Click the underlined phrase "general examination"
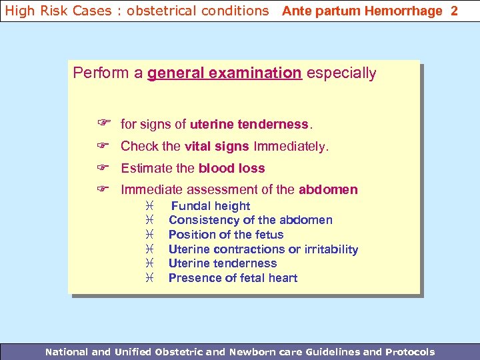(x=225, y=73)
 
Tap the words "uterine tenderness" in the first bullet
(x=249, y=125)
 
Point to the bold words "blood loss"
(x=231, y=169)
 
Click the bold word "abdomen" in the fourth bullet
(x=328, y=190)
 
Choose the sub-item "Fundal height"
(x=211, y=206)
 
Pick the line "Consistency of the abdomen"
(x=250, y=220)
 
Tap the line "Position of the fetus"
(x=226, y=235)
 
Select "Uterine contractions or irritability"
(x=263, y=249)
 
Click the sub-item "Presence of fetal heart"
(x=233, y=278)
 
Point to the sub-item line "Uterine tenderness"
(x=223, y=263)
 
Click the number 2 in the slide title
(x=454, y=11)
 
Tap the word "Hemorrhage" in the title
(x=407, y=11)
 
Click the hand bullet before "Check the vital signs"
(x=103, y=146)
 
